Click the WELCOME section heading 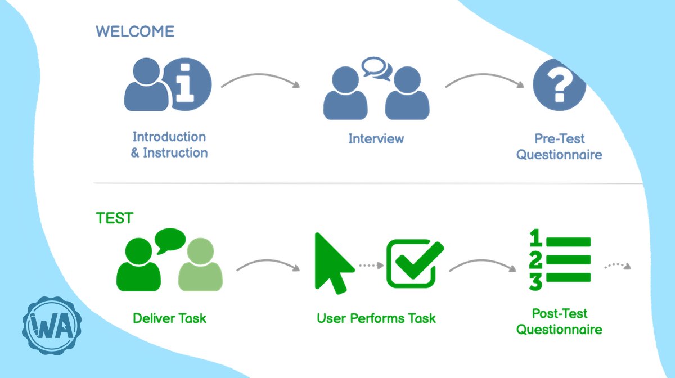tap(135, 31)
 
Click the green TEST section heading tap(114, 218)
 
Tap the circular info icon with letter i tap(186, 82)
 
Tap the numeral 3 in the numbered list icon tap(535, 281)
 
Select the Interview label tap(376, 138)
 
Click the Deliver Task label tap(169, 318)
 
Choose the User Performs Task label tap(376, 318)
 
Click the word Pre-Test tap(559, 138)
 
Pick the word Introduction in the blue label tap(169, 137)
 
